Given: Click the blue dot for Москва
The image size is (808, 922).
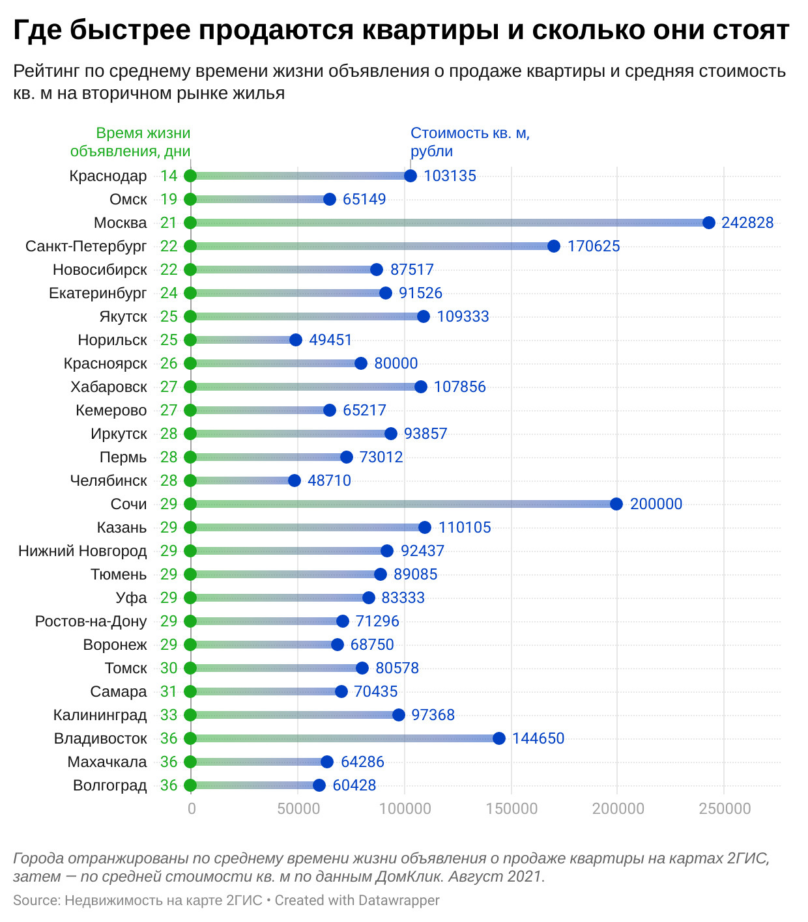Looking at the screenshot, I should click(x=709, y=223).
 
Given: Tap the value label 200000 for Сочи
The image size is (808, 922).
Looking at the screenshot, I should click(x=656, y=504).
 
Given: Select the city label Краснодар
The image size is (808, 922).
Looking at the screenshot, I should click(x=108, y=176).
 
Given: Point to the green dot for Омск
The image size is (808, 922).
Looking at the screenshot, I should click(x=190, y=199).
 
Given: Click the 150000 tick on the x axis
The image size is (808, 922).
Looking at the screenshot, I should click(x=512, y=809).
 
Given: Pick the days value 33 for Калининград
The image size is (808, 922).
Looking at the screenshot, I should click(x=169, y=715).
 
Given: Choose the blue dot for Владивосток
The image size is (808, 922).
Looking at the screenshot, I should click(x=499, y=738).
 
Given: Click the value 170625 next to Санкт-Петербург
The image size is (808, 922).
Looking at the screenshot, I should click(x=594, y=246).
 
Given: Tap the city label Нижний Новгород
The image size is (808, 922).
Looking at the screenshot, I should click(x=83, y=551).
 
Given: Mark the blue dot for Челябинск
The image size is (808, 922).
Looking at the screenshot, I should click(x=295, y=481).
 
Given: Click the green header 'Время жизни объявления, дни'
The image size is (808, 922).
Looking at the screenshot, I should click(x=131, y=142).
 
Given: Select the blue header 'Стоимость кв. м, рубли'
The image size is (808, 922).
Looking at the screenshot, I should click(x=470, y=142).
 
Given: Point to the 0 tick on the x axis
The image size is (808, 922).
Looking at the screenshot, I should click(x=192, y=809).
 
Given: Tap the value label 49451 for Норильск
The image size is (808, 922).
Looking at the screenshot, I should click(x=330, y=340).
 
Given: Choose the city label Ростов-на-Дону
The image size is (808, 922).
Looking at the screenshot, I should click(x=91, y=621).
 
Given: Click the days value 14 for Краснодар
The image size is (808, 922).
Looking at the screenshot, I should click(x=169, y=176).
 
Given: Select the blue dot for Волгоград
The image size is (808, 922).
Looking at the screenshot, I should click(x=319, y=785).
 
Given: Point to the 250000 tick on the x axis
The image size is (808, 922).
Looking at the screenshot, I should click(x=725, y=809).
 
